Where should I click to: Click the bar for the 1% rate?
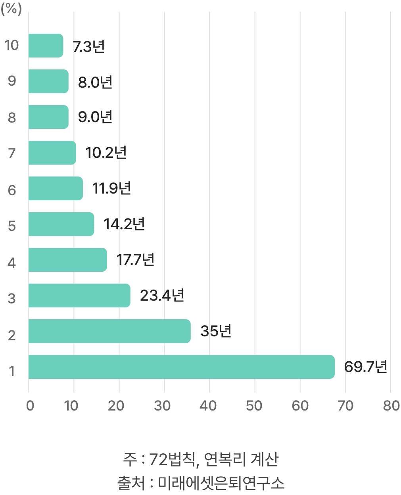click(x=181, y=367)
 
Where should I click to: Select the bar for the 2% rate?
click(x=109, y=331)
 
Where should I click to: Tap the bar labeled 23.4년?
click(x=79, y=295)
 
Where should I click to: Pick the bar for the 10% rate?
click(x=46, y=46)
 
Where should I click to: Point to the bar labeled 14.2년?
click(x=61, y=224)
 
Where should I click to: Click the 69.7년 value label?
click(x=365, y=367)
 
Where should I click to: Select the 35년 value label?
click(x=216, y=331)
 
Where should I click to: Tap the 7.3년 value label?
click(x=88, y=46)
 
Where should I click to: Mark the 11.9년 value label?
click(x=111, y=188)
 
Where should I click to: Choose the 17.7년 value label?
click(x=135, y=260)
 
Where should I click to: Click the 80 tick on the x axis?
click(x=391, y=406)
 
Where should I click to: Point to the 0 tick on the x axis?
click(x=30, y=406)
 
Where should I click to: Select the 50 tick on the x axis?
click(x=254, y=406)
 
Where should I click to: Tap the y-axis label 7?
click(x=12, y=153)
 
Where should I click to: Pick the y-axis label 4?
click(x=12, y=263)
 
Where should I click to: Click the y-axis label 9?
click(x=12, y=81)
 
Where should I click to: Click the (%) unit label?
click(x=11, y=9)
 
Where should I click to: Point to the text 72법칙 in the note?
click(x=172, y=459)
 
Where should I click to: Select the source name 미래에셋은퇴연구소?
click(x=221, y=483)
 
